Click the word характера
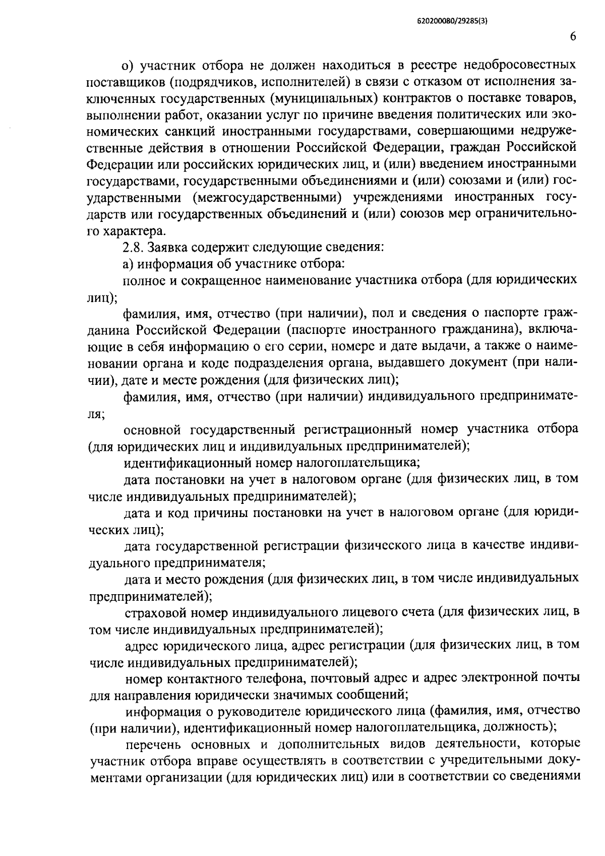(134, 232)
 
